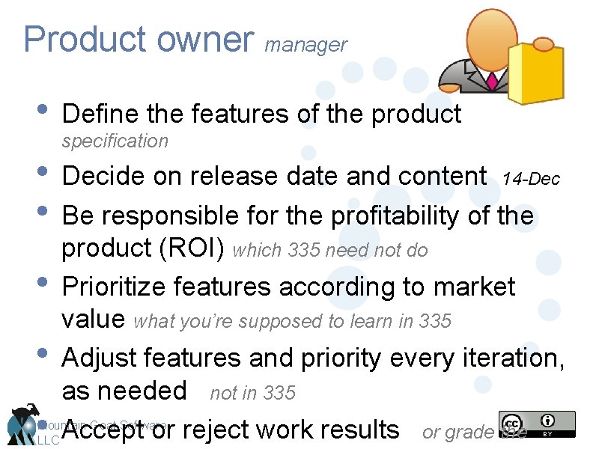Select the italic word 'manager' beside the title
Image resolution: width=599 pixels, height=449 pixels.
[306, 46]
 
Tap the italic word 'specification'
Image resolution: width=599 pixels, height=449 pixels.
[115, 141]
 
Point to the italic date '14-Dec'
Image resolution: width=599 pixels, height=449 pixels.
[531, 180]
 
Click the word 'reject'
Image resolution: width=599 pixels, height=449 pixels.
[214, 430]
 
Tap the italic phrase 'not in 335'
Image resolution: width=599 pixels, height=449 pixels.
[253, 393]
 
